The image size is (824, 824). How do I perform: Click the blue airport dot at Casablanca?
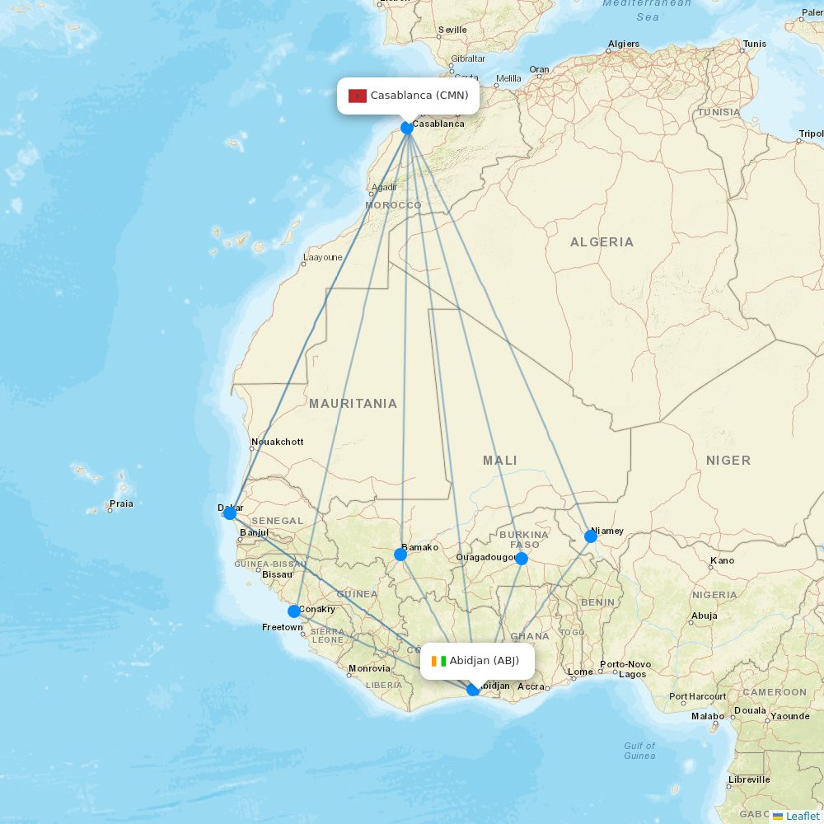coord(407,128)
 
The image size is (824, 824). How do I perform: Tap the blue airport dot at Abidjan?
coord(473,690)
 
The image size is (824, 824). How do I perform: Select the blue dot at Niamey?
coord(591,536)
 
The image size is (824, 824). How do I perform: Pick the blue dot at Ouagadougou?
coord(522,559)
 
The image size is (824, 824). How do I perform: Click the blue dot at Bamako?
coord(400,555)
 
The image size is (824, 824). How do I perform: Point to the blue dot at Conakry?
coord(294,611)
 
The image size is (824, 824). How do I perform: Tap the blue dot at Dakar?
coord(230,513)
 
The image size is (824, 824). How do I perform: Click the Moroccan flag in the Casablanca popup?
coord(357,96)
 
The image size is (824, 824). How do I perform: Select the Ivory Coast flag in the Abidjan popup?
coord(438,661)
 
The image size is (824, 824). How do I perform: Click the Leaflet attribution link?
coord(802,816)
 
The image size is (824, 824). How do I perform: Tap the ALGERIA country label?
coord(602,242)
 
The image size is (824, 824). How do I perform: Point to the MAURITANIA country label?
coord(353,404)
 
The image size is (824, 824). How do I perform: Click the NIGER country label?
coord(728,461)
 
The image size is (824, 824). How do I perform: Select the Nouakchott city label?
coord(277,442)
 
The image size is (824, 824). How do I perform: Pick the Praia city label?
coord(121,504)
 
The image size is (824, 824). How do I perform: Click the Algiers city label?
coord(624,44)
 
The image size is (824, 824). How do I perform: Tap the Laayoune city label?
coord(322,258)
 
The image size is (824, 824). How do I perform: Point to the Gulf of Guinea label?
coord(639,751)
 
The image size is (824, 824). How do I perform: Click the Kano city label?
coord(722,561)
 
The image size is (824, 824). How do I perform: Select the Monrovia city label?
coord(369,669)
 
